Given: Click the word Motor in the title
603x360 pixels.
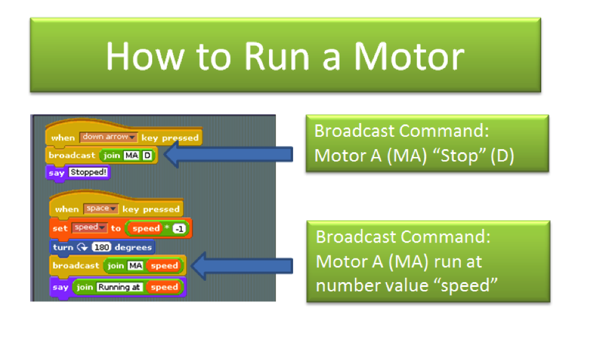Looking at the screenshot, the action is [x=409, y=56].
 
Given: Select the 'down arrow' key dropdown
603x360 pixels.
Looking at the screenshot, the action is [x=108, y=137].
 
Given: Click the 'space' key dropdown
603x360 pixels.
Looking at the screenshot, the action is [x=100, y=208].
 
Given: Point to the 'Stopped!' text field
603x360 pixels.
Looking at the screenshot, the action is [x=88, y=173].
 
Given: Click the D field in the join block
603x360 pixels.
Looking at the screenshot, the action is [x=147, y=155].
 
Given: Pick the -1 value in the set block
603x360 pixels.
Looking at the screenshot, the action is [x=179, y=229].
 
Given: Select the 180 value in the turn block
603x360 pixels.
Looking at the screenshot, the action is [x=101, y=247].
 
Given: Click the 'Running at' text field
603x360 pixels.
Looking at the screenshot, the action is [x=119, y=287].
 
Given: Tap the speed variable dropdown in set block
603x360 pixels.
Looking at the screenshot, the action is [x=89, y=228].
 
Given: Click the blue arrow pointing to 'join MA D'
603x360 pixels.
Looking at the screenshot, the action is [x=228, y=154].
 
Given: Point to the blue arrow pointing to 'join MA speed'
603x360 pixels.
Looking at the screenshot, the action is [x=242, y=266].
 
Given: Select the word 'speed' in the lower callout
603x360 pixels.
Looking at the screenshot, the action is [x=469, y=286].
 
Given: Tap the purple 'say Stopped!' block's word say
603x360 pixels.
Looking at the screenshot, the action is [x=56, y=173].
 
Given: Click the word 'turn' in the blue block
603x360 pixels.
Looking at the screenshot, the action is [x=63, y=247].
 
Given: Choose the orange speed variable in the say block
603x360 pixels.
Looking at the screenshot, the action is [x=165, y=287].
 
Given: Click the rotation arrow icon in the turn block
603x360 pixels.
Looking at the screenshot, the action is [x=83, y=247].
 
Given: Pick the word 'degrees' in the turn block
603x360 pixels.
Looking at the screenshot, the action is [x=133, y=247].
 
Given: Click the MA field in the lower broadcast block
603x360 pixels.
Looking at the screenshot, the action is [x=135, y=265].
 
